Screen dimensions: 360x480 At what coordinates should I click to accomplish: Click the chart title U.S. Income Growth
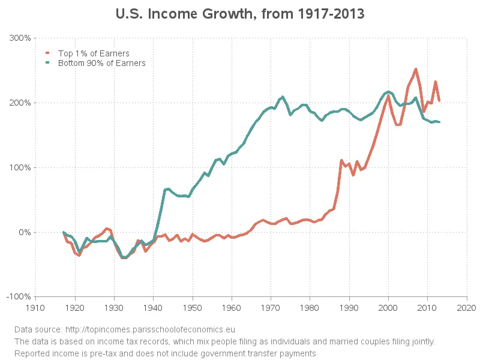tap(239, 13)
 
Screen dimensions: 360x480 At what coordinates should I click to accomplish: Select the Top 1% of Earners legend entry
tap(93, 53)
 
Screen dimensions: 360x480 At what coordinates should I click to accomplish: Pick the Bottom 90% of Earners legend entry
tap(101, 62)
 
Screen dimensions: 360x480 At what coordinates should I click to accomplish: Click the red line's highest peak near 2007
tap(416, 69)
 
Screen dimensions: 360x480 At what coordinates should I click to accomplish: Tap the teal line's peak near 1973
tap(283, 97)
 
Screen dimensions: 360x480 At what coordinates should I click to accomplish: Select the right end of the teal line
tap(439, 122)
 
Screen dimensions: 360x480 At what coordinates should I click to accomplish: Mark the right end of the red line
tap(439, 101)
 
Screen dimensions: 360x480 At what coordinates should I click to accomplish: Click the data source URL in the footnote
tap(150, 329)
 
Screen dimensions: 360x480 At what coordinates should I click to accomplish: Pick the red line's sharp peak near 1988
tap(341, 161)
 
